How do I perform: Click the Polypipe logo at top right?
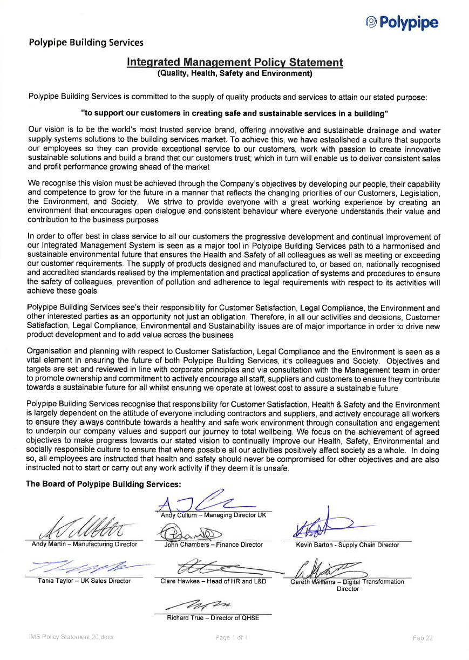[402, 22]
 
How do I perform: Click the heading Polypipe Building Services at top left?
[86, 42]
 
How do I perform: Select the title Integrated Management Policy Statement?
[235, 62]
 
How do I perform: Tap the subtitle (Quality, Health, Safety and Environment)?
[235, 73]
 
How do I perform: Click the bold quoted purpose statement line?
[234, 113]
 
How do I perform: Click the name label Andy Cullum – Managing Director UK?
[214, 515]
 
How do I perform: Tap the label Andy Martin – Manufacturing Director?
[84, 545]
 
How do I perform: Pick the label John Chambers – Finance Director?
[213, 545]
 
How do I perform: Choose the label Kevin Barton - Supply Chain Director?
[348, 545]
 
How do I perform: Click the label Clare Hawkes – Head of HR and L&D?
[213, 582]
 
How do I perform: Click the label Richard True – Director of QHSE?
[213, 618]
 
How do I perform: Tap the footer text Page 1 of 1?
[231, 638]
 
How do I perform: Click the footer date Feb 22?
[423, 638]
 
